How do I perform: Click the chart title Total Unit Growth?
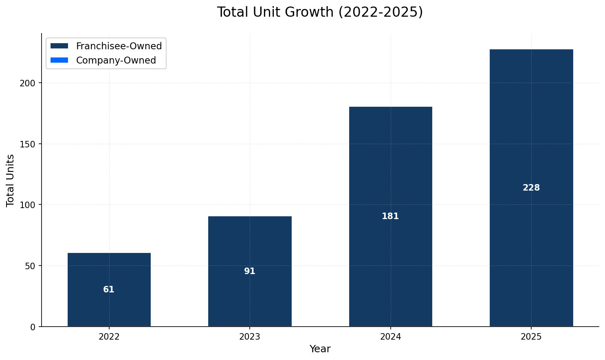coord(320,12)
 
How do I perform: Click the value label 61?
coord(109,290)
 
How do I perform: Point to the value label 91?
coord(250,271)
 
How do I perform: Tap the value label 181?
coord(390,216)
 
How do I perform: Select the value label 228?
coord(531,188)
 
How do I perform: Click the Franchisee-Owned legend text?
coord(119,46)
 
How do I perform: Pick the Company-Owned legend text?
coord(116,60)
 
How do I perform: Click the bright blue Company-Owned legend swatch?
coord(59,60)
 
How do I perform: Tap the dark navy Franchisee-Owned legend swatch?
coord(59,46)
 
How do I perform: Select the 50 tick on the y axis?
coord(31,266)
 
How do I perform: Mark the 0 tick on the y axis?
coord(33,327)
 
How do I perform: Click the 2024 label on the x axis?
coord(390,337)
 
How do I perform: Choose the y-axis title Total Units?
coord(11,180)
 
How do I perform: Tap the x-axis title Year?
coord(320,349)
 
